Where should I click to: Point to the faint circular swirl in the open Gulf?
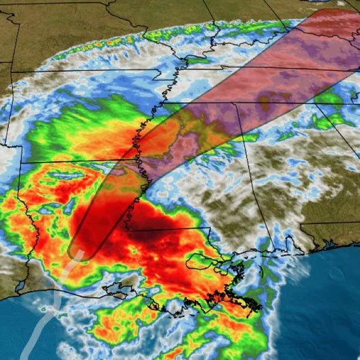(x=335, y=274)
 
